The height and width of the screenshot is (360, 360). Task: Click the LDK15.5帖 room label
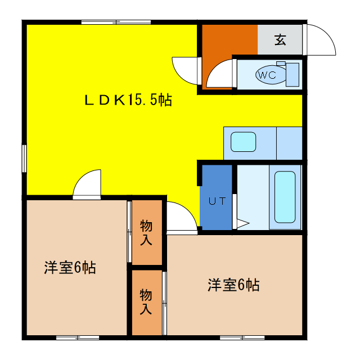click(x=128, y=100)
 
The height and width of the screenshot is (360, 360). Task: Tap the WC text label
click(x=267, y=75)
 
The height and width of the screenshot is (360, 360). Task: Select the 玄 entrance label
click(x=280, y=40)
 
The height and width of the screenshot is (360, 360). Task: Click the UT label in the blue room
click(x=217, y=201)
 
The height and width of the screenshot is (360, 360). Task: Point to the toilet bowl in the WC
click(x=271, y=75)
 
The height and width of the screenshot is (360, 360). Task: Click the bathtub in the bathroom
click(x=285, y=197)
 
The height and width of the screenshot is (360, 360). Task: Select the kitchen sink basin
click(x=243, y=142)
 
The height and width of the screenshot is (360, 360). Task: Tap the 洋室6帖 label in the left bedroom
click(x=70, y=268)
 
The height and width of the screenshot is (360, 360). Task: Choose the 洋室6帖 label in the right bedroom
click(x=233, y=285)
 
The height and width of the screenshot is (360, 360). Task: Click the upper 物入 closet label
click(x=146, y=232)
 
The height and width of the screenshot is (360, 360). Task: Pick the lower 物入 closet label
click(x=146, y=301)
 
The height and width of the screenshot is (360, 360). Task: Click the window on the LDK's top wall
click(x=116, y=22)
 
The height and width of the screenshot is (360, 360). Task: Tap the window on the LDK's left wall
click(x=24, y=158)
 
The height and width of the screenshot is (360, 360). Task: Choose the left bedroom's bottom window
click(x=78, y=337)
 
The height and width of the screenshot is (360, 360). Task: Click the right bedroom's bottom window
click(x=242, y=337)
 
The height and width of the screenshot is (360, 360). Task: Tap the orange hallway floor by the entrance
click(x=229, y=40)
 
